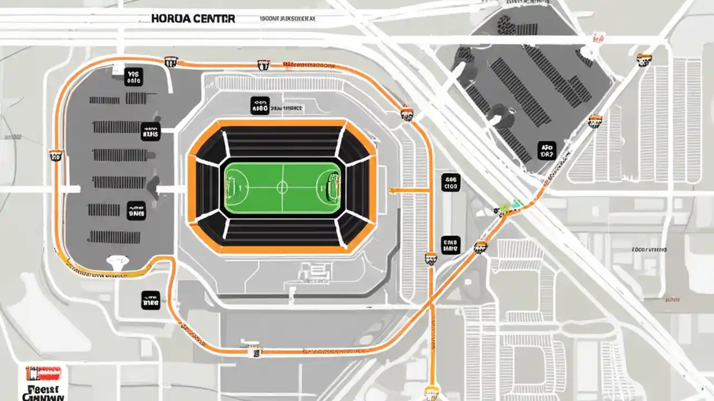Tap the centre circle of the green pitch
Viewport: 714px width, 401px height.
[x=283, y=185]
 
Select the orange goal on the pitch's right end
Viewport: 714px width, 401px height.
[x=333, y=185]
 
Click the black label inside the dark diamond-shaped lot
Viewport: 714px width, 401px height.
[x=547, y=150]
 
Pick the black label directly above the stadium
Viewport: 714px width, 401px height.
[x=260, y=106]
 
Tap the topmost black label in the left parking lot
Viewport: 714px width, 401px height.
[x=133, y=77]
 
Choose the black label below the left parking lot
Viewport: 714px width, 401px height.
[x=151, y=300]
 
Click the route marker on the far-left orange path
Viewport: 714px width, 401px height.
[x=55, y=155]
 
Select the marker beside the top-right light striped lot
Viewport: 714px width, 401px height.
[x=645, y=60]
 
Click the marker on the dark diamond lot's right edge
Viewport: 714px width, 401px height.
[x=595, y=121]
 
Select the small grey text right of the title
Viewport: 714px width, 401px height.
[x=287, y=18]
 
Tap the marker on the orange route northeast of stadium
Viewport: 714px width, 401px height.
[x=407, y=114]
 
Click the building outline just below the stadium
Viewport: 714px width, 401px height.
[x=313, y=271]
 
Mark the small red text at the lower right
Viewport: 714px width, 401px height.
[x=649, y=250]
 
